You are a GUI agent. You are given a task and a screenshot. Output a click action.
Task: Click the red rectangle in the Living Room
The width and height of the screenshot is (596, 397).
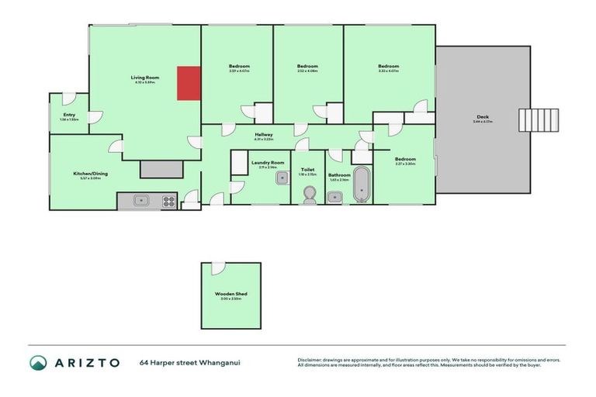[x=189, y=83]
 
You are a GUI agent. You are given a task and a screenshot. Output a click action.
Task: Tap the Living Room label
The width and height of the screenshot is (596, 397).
[x=144, y=78]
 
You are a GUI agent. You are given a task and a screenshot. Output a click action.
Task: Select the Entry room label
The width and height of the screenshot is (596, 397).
[x=70, y=115]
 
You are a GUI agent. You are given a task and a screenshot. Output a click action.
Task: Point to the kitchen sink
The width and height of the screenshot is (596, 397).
[x=140, y=201]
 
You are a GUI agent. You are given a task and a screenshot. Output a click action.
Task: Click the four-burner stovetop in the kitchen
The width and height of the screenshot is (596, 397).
[x=168, y=201]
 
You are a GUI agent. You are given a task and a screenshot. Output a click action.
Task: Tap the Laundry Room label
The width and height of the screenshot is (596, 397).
[x=268, y=162]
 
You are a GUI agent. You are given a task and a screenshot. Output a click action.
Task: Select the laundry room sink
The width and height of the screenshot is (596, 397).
[x=281, y=178]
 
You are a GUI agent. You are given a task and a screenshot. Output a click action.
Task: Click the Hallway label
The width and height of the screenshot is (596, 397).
[x=264, y=135]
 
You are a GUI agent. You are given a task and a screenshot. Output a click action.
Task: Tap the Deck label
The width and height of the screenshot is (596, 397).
[x=482, y=118]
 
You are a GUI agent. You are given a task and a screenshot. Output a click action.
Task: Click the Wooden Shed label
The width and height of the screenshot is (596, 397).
[x=230, y=294]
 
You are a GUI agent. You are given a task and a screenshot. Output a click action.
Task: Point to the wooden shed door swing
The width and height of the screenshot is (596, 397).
[x=218, y=268]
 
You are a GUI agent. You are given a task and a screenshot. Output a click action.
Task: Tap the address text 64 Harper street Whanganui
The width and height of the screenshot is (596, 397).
[x=189, y=362]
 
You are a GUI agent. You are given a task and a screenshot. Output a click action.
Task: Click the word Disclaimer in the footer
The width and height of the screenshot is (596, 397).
[x=310, y=360]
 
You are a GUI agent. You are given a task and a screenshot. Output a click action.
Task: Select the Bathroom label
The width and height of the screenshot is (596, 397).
[x=339, y=175]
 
